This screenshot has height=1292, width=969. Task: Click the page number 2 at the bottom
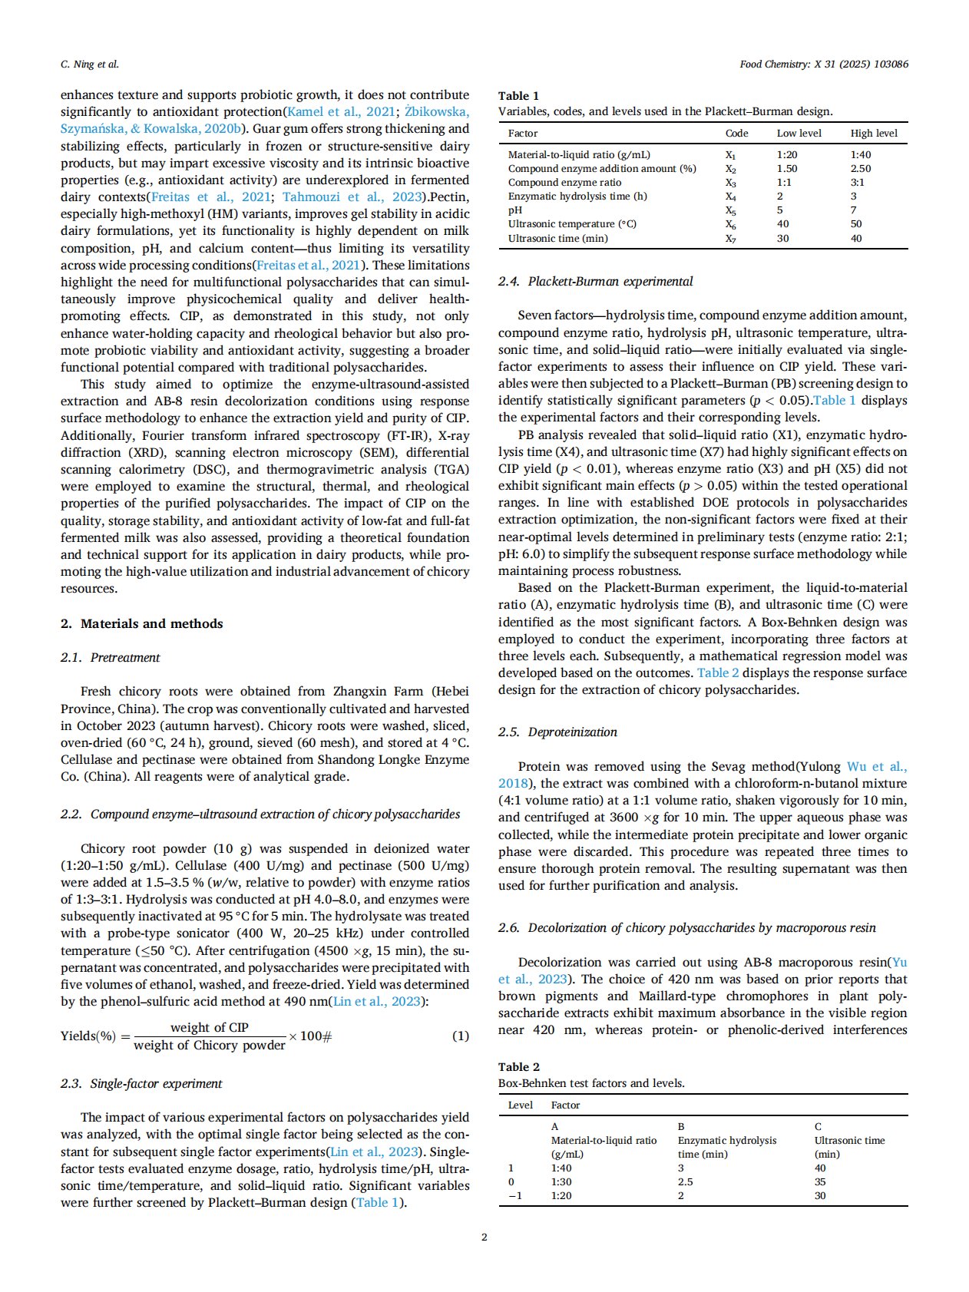pyautogui.click(x=484, y=1237)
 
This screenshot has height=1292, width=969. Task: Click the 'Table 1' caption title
pyautogui.click(x=518, y=96)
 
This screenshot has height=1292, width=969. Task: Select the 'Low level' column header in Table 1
pyautogui.click(x=799, y=133)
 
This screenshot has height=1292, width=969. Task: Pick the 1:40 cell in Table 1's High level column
pyautogui.click(x=860, y=154)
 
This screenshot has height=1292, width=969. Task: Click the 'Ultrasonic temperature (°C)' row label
pyautogui.click(x=572, y=224)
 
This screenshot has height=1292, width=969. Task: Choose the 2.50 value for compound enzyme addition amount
pyautogui.click(x=860, y=168)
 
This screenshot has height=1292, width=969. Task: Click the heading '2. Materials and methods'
pyautogui.click(x=142, y=623)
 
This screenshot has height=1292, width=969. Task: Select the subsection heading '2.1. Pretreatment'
pyautogui.click(x=111, y=658)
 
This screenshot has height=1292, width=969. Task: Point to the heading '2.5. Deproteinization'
pyautogui.click(x=557, y=732)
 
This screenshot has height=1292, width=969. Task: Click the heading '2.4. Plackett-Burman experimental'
pyautogui.click(x=595, y=282)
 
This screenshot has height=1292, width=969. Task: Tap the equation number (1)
pyautogui.click(x=460, y=1036)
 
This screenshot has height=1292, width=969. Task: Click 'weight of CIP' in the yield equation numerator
pyautogui.click(x=210, y=1027)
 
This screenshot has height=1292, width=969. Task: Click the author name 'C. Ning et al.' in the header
pyautogui.click(x=90, y=64)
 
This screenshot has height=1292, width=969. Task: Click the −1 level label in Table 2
pyautogui.click(x=514, y=1195)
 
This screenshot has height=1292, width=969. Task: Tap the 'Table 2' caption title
pyautogui.click(x=518, y=1067)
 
